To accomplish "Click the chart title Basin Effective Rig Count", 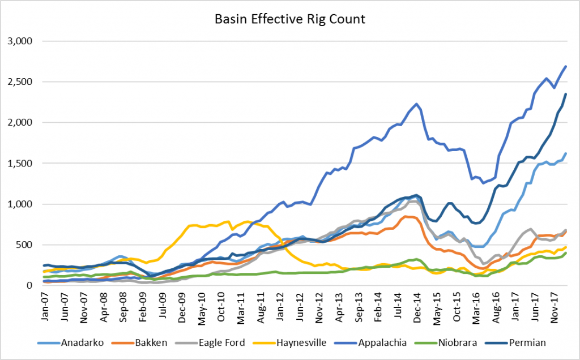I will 289,19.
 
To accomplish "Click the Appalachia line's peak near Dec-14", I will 416,104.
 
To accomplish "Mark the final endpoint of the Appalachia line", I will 566,66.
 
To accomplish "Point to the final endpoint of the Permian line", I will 566,94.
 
